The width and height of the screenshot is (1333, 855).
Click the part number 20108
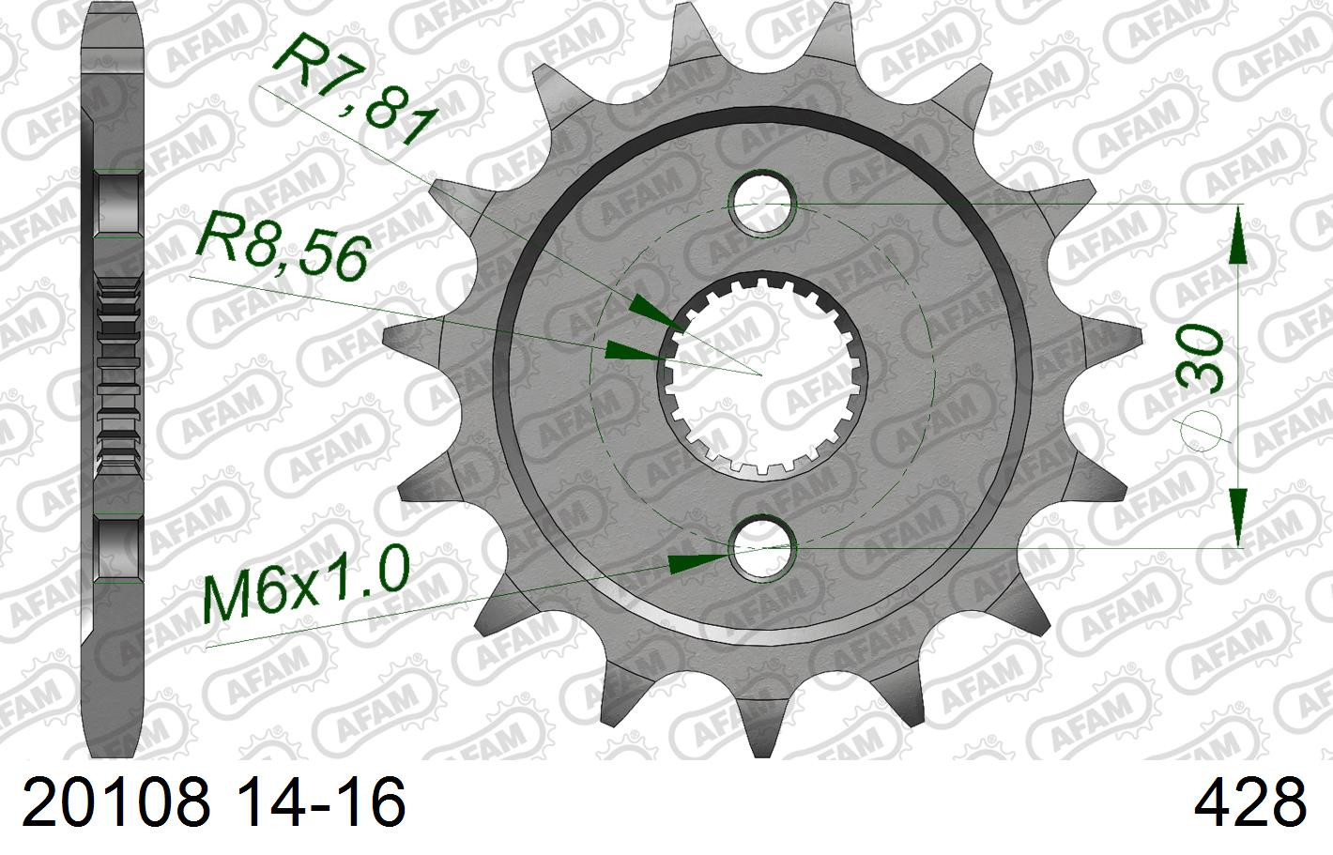(116, 802)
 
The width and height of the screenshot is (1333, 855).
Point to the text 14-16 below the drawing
(323, 802)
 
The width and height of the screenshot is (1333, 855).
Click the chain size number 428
(1249, 802)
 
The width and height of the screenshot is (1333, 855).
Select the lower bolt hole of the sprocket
(764, 547)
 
